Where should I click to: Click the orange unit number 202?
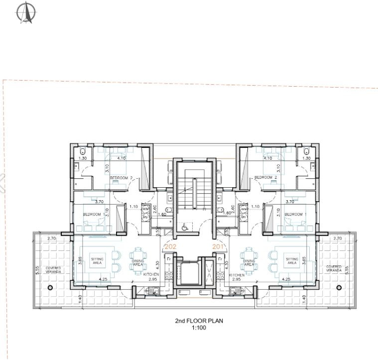point(170,246)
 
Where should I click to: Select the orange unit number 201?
point(219,246)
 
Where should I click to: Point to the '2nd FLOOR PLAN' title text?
point(199,321)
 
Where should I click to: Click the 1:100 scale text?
point(199,328)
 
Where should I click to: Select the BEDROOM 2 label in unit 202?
point(121,178)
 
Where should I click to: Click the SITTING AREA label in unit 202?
point(97,261)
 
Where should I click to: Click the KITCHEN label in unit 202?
point(151,275)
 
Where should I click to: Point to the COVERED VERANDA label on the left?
point(53,269)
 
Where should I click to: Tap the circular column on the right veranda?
point(339,287)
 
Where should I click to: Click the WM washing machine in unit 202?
point(146,210)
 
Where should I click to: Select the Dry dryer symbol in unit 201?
point(244,217)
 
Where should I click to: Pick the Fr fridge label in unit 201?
point(219,259)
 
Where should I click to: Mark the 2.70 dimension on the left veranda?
point(51,239)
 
